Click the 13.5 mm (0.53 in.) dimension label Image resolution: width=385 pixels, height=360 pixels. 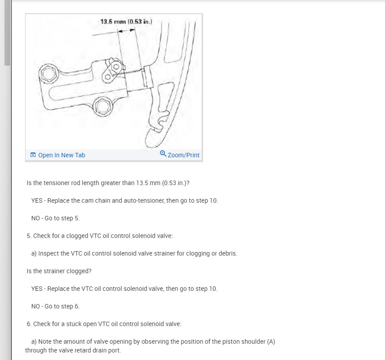pos(126,22)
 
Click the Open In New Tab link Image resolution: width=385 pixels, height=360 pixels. pos(62,155)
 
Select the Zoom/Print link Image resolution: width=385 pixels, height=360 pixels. pos(183,155)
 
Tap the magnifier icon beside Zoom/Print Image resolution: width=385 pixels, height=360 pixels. pos(163,153)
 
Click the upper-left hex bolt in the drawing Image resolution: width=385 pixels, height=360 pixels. pos(48,73)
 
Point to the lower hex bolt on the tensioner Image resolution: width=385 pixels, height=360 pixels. pos(103,107)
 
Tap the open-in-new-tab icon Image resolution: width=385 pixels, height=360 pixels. pos(33,155)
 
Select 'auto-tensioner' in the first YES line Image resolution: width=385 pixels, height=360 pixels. pos(144,200)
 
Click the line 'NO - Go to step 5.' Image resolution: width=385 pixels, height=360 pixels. pos(56,218)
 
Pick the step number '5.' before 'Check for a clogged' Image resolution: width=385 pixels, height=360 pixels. pos(29,236)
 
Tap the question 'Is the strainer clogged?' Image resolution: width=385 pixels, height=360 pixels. pos(59,271)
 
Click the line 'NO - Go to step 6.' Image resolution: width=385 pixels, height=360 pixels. pos(56,307)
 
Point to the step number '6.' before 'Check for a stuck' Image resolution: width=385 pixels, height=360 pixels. pos(29,324)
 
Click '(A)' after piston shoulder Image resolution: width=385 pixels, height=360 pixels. pos(271,341)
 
